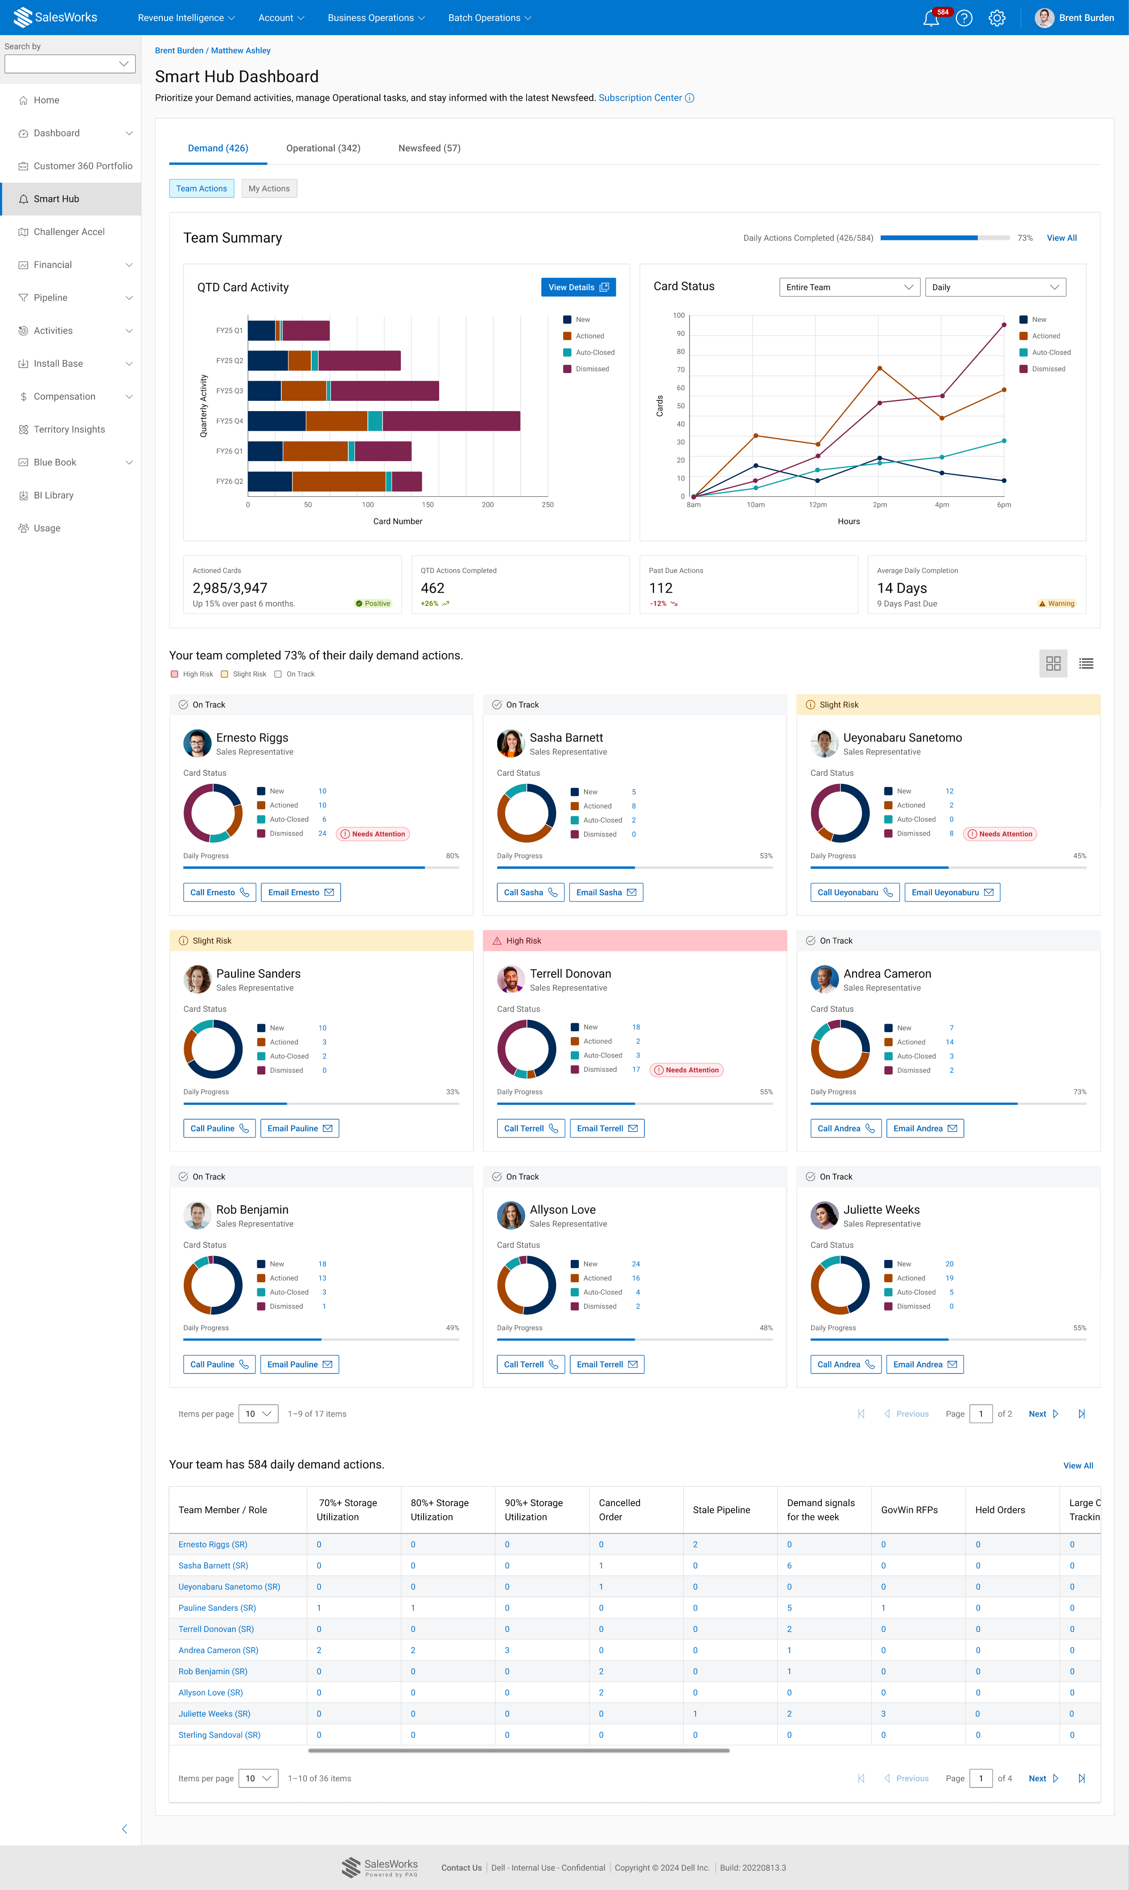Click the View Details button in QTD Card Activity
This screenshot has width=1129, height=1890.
pos(578,288)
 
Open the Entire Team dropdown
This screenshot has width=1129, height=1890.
pos(849,288)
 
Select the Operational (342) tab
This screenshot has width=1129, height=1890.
pos(323,148)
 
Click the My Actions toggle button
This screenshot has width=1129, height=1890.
pos(269,189)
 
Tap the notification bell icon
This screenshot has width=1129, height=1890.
pos(931,18)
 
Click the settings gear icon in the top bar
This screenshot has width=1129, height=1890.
pos(997,18)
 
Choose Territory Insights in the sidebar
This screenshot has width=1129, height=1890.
pos(69,430)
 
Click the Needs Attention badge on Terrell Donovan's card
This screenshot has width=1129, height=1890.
pos(687,1070)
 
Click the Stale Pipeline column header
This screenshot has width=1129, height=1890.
pos(721,1510)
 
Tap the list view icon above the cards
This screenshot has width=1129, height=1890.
pos(1086,664)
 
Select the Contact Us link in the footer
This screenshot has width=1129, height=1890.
pos(461,1868)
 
